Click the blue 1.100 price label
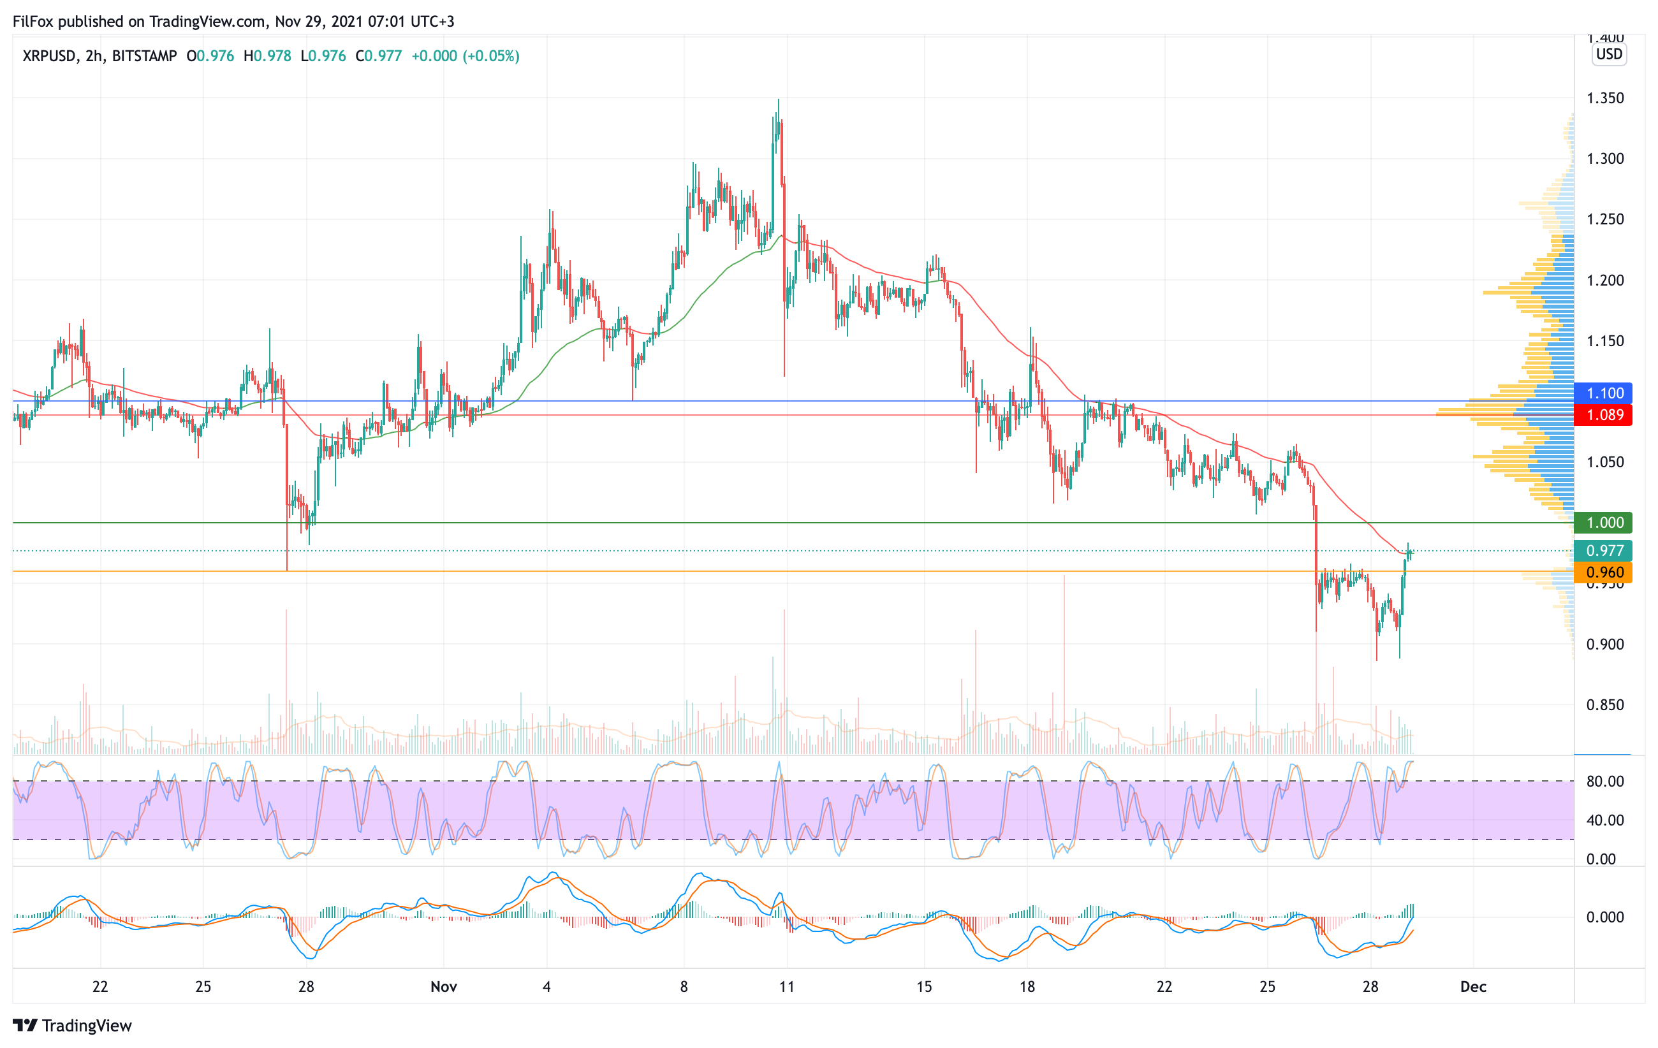(x=1604, y=393)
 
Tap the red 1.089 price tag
(x=1604, y=415)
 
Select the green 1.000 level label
(x=1604, y=523)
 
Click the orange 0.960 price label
(x=1604, y=572)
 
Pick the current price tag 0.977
(x=1604, y=551)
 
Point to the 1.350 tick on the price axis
(x=1605, y=98)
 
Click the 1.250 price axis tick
(x=1605, y=219)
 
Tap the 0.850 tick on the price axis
(x=1605, y=704)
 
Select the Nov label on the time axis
(x=443, y=987)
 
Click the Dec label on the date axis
(x=1473, y=987)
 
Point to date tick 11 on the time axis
(x=786, y=987)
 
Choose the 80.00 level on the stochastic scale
(x=1605, y=782)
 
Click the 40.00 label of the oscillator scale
(x=1605, y=820)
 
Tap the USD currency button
(x=1609, y=54)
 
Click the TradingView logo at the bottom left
(x=72, y=1025)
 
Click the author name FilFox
(x=33, y=21)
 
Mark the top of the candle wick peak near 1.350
(x=778, y=101)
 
